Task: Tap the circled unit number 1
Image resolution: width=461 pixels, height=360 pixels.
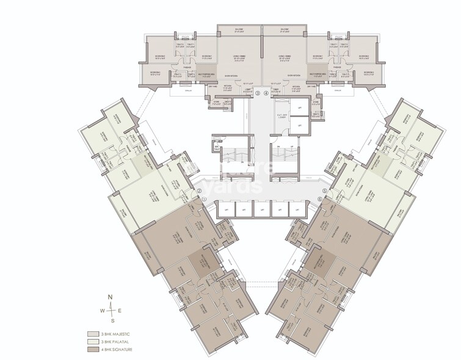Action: coord(205,199)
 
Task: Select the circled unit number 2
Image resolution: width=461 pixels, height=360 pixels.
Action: coord(199,190)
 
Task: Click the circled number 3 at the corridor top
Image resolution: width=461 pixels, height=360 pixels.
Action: coord(258,94)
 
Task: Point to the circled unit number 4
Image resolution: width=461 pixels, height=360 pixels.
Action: coord(266,94)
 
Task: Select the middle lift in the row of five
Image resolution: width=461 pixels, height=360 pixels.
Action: coord(262,209)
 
